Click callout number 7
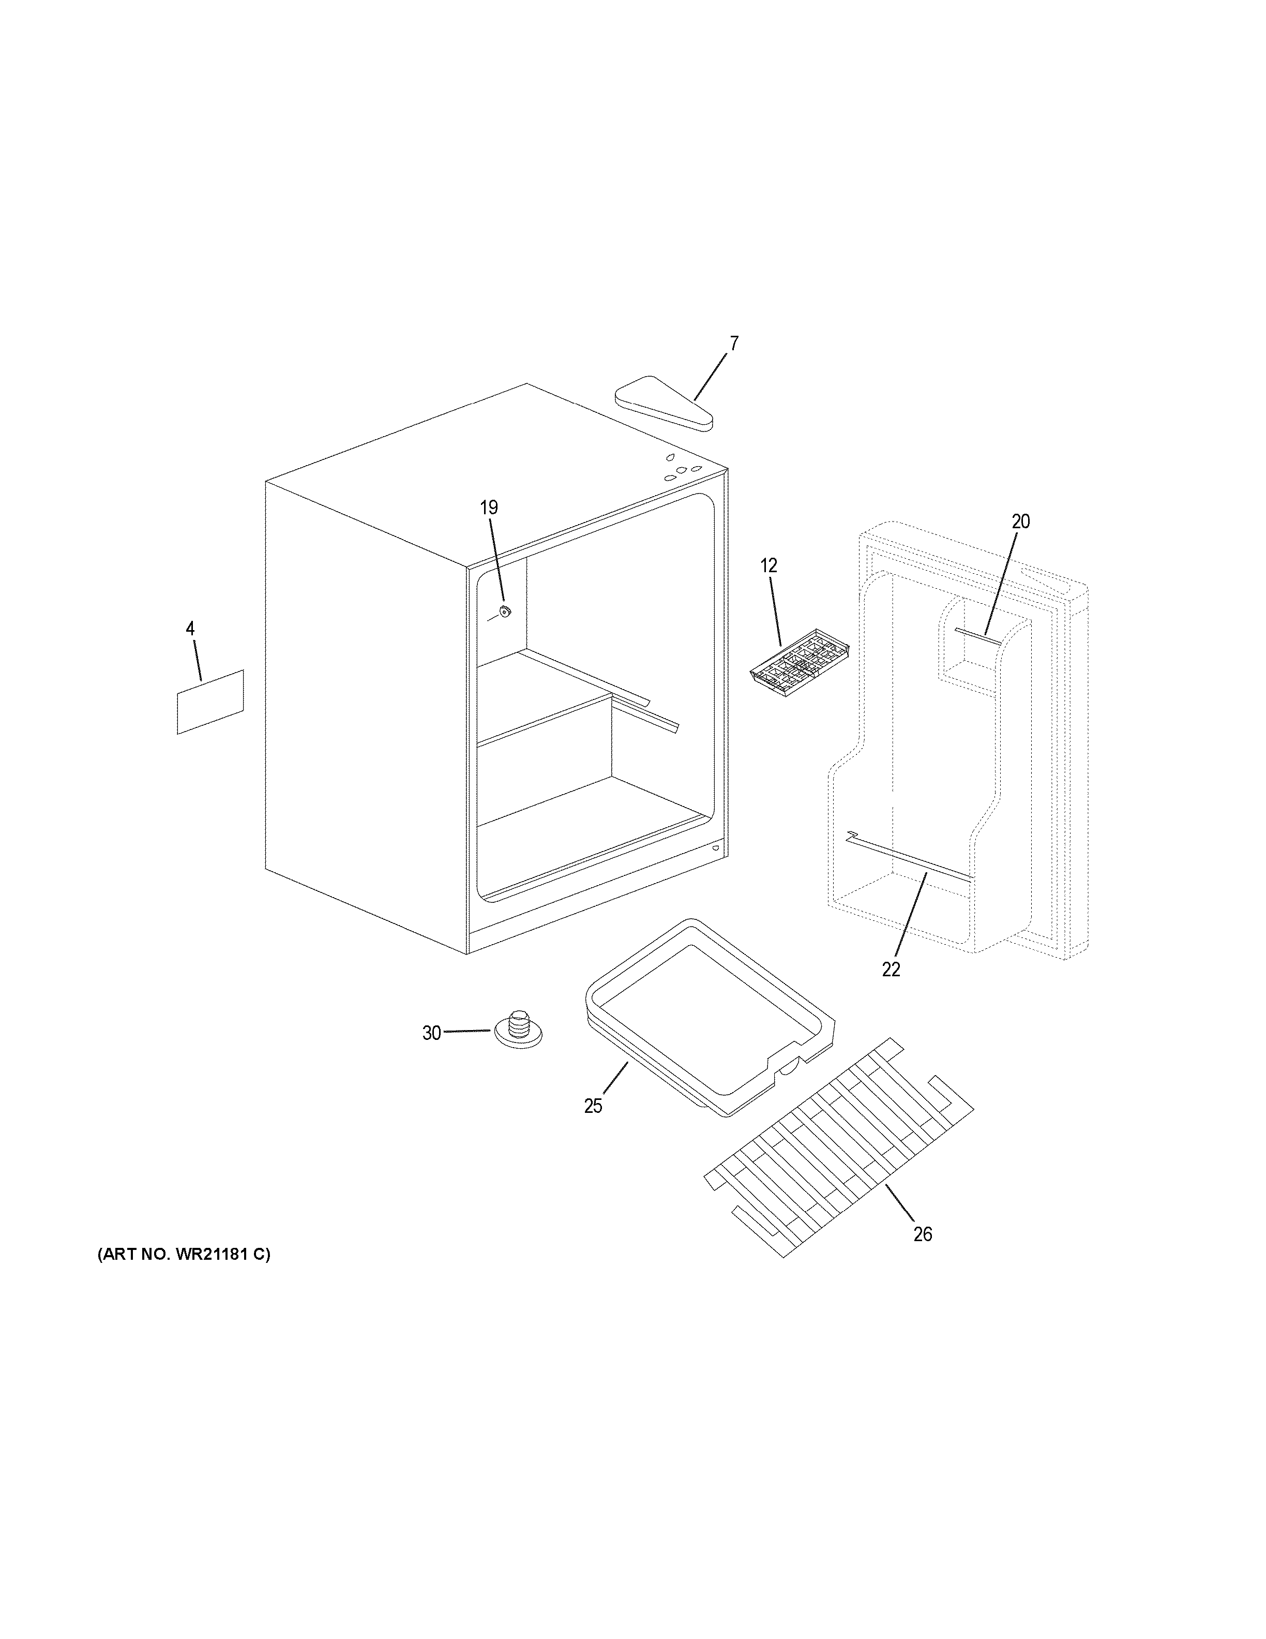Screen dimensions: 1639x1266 (x=733, y=344)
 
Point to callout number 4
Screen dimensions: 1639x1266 (x=190, y=629)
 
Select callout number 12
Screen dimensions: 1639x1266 (x=768, y=566)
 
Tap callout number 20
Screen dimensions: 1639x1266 (x=1021, y=521)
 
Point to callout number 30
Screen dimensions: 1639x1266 (x=431, y=1033)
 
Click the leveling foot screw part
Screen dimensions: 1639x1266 (x=518, y=1026)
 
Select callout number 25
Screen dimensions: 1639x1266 (x=593, y=1106)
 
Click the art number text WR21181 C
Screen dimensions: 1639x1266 (x=183, y=1254)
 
